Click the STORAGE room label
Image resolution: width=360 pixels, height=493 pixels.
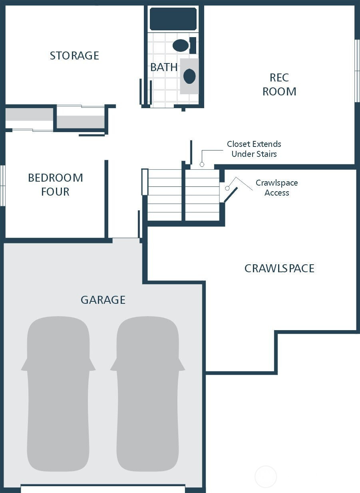tap(74, 55)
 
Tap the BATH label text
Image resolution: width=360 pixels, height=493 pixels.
tap(164, 67)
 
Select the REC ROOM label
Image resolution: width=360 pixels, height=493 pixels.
tap(279, 85)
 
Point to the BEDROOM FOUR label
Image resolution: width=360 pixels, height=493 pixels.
tap(56, 185)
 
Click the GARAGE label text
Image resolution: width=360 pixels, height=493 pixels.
tap(103, 300)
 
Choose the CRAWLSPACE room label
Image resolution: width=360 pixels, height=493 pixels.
tap(279, 269)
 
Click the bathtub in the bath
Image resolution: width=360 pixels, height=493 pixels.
tap(173, 19)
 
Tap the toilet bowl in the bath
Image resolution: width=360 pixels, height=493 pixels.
tap(181, 46)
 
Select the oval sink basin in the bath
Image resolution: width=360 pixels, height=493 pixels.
tap(189, 76)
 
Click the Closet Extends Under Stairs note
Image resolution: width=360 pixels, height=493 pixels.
tap(254, 149)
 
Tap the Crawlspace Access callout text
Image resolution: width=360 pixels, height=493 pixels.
tap(277, 188)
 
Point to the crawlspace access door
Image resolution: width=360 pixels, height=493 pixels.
tap(231, 194)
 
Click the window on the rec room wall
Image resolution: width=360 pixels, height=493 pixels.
tap(357, 71)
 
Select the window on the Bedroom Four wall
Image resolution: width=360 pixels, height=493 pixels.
tap(2, 186)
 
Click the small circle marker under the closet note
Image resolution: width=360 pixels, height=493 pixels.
tap(202, 164)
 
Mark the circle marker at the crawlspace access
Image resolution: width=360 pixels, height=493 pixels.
tap(227, 188)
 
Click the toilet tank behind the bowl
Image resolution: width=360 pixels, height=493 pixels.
tap(193, 46)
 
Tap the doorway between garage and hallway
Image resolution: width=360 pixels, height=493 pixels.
tap(126, 240)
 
